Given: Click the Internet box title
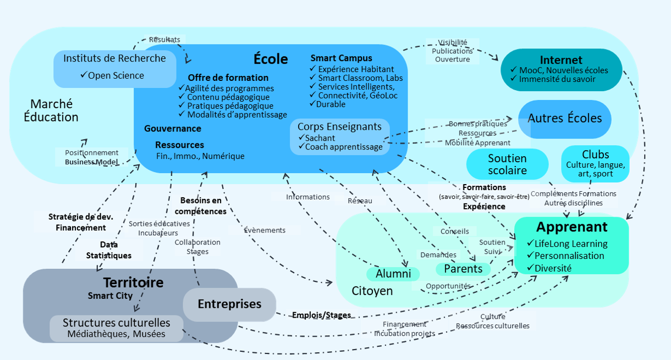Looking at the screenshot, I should pyautogui.click(x=561, y=60).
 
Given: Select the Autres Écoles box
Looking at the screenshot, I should pyautogui.click(x=565, y=118).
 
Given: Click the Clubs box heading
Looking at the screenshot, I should pyautogui.click(x=596, y=154).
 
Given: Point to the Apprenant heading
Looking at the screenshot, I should pyautogui.click(x=572, y=227).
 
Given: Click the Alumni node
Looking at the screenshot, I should pyautogui.click(x=393, y=274).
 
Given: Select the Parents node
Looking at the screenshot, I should pyautogui.click(x=463, y=269).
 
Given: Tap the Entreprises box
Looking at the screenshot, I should pyautogui.click(x=229, y=304).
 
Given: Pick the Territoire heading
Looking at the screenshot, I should pyautogui.click(x=134, y=283).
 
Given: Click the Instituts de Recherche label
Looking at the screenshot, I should pyautogui.click(x=114, y=58).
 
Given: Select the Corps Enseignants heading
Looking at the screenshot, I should pyautogui.click(x=339, y=126).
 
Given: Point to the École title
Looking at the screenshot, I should pyautogui.click(x=271, y=59).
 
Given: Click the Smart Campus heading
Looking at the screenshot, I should pyautogui.click(x=341, y=58).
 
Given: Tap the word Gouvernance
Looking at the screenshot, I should pyautogui.click(x=173, y=129).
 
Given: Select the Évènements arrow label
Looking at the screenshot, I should pyautogui.click(x=265, y=230).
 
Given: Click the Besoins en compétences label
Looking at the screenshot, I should pyautogui.click(x=201, y=206).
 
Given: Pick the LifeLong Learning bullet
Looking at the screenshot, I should pyautogui.click(x=571, y=243).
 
